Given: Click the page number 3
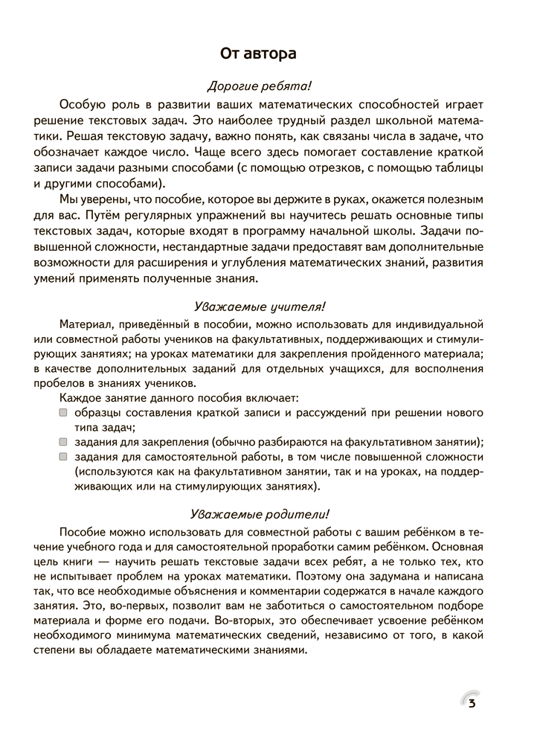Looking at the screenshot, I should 472,704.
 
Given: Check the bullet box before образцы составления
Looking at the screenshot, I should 64,412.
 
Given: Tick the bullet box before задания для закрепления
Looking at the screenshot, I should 64,441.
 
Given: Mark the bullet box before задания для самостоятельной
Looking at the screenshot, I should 64,456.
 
